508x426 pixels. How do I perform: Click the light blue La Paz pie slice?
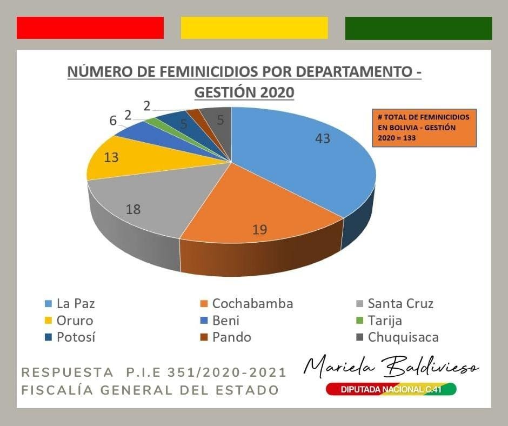[303, 157]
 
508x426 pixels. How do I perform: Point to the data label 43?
[323, 138]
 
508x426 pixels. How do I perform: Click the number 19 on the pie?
[260, 229]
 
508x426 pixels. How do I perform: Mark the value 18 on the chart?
[133, 209]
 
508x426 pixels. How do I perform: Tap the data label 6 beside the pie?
[113, 121]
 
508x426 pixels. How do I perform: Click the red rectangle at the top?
[90, 28]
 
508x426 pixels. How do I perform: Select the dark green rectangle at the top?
[418, 28]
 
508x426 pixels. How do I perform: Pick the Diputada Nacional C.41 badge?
[391, 389]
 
